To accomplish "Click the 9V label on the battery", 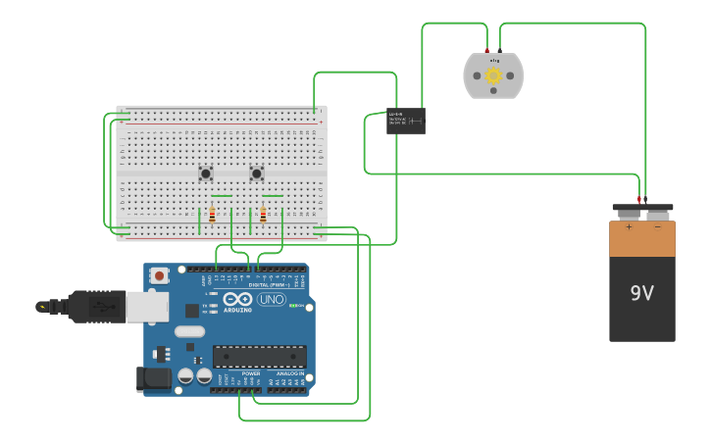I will pyautogui.click(x=641, y=293).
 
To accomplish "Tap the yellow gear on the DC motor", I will pyautogui.click(x=493, y=75).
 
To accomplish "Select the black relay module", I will pyautogui.click(x=406, y=121).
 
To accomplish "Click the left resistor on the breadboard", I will pyautogui.click(x=212, y=215).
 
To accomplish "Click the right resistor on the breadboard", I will pyautogui.click(x=263, y=215).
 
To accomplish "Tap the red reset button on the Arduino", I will pyautogui.click(x=159, y=276).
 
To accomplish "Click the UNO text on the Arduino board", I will pyautogui.click(x=272, y=299).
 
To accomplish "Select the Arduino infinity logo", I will pyautogui.click(x=237, y=299).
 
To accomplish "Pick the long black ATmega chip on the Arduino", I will pyautogui.click(x=259, y=356).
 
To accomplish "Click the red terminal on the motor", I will pyautogui.click(x=487, y=50).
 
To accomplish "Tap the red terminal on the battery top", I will pyautogui.click(x=638, y=200).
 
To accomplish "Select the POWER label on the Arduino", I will pyautogui.click(x=251, y=373).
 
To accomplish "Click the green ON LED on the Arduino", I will pyautogui.click(x=293, y=306).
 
